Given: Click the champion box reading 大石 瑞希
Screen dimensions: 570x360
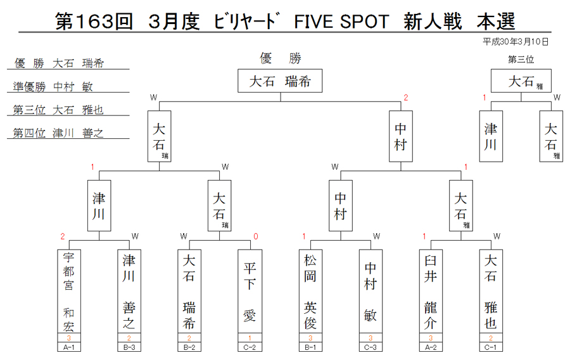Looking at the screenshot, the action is click(x=280, y=80).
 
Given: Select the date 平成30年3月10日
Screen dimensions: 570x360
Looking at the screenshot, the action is click(x=515, y=42).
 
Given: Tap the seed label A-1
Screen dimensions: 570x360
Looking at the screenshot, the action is click(x=68, y=347).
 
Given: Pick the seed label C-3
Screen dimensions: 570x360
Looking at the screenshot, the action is click(x=370, y=347).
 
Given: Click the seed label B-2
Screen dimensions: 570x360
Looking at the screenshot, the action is click(x=189, y=347).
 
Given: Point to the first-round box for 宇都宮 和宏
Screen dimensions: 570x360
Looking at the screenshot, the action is click(x=69, y=291).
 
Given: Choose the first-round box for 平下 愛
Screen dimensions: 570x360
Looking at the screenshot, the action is click(x=250, y=291).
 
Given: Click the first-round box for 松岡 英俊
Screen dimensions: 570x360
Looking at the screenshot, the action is click(x=310, y=291).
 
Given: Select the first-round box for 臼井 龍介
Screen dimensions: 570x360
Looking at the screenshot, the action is click(x=431, y=291).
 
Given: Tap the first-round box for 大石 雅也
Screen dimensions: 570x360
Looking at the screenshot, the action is click(x=491, y=291).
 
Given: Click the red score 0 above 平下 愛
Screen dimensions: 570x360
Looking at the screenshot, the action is click(x=256, y=236).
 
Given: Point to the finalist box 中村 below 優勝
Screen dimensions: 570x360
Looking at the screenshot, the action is click(x=401, y=136).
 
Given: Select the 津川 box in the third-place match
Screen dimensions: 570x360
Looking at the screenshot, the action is click(x=491, y=136).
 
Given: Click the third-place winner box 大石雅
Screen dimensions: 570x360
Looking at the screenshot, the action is click(x=521, y=80).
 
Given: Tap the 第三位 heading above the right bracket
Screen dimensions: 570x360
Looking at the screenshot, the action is click(x=521, y=60).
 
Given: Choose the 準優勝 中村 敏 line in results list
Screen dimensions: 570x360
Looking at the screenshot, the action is click(x=53, y=87).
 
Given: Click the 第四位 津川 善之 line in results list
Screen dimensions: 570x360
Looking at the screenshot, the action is click(x=58, y=133).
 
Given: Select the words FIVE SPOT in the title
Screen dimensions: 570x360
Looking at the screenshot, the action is click(x=341, y=22).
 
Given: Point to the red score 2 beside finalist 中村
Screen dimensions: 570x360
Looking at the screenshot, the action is click(x=406, y=98).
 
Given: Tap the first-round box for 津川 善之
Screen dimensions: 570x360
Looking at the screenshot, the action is click(x=129, y=291).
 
